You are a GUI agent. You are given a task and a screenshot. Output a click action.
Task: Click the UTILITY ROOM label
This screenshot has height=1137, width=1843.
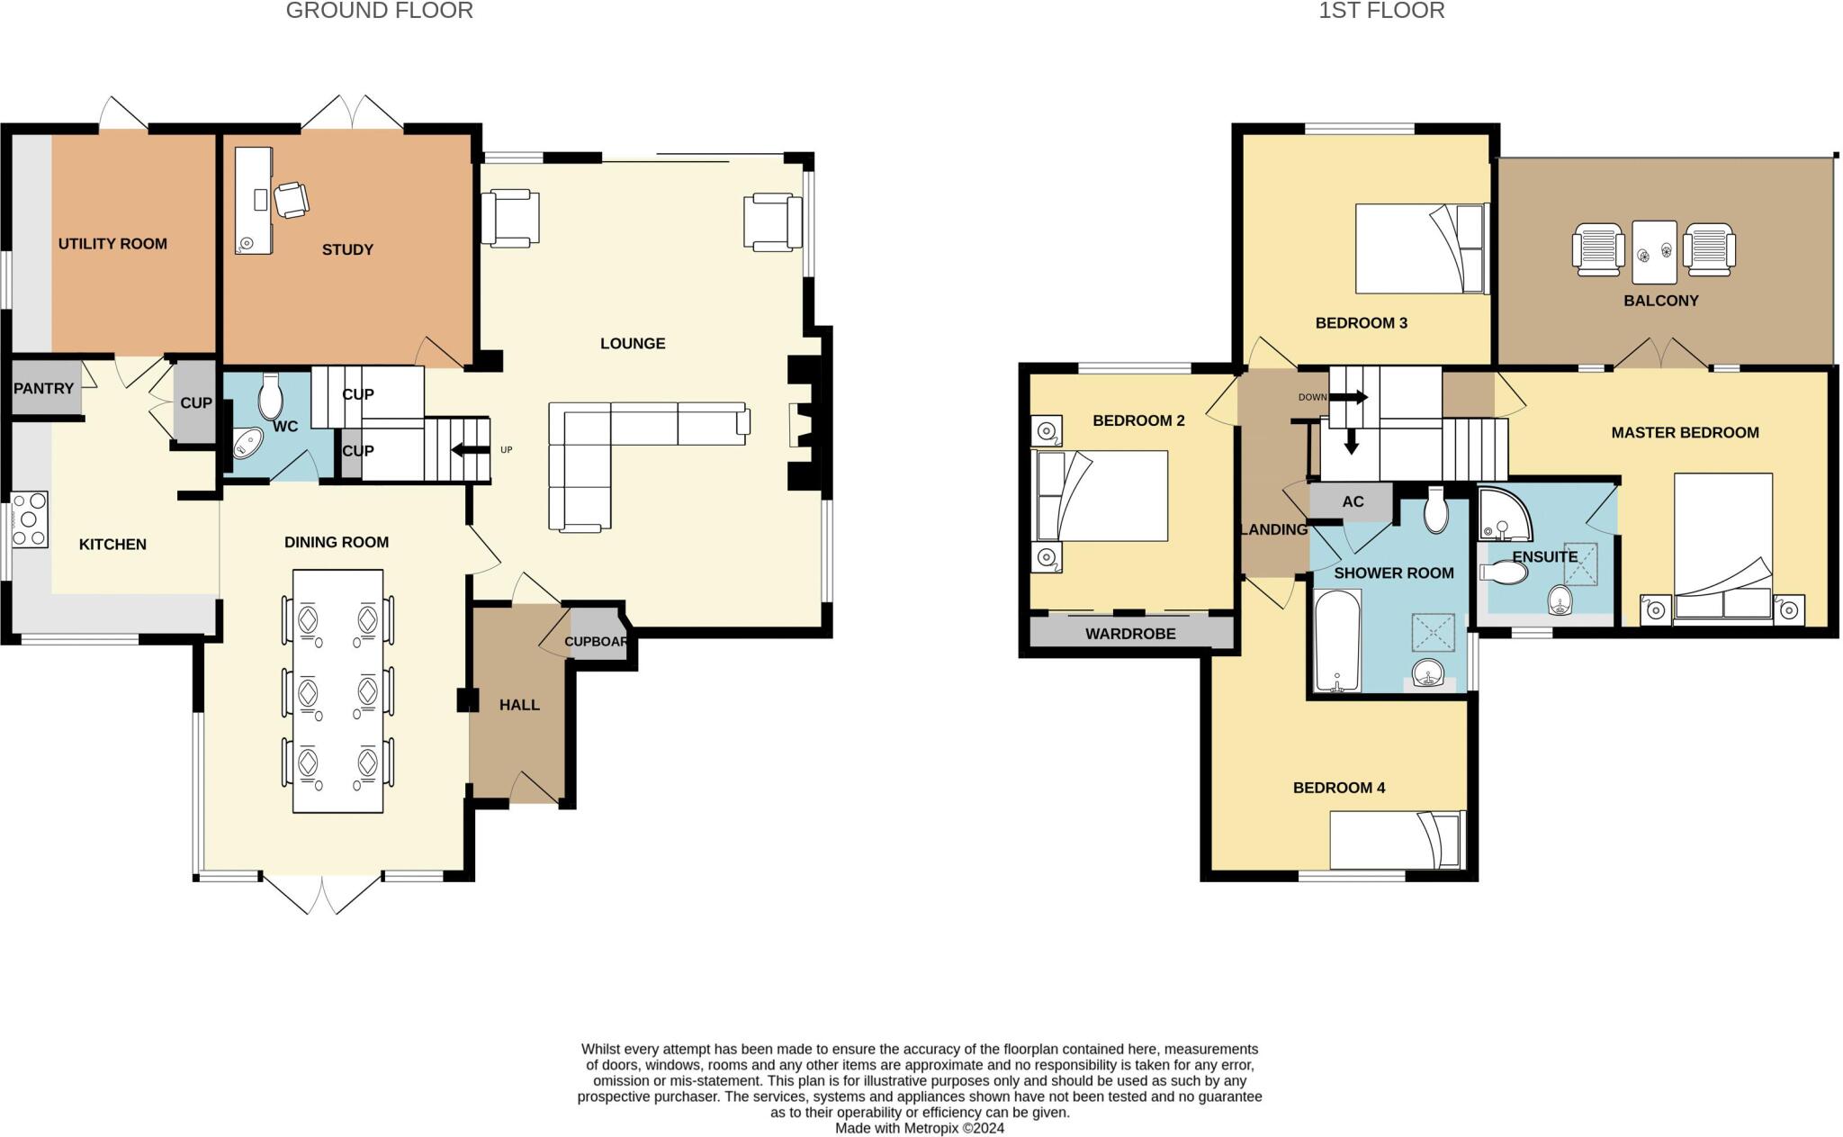tap(112, 244)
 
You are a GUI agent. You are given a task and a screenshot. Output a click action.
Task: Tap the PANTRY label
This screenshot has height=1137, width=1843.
tap(43, 388)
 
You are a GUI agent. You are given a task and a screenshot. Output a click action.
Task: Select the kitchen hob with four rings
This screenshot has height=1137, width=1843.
tap(30, 519)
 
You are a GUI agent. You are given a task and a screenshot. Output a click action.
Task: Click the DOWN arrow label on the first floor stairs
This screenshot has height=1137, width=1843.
tap(1312, 397)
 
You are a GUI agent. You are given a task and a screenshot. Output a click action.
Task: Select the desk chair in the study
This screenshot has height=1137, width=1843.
tap(292, 199)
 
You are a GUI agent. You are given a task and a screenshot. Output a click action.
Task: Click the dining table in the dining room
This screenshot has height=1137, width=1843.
tap(337, 690)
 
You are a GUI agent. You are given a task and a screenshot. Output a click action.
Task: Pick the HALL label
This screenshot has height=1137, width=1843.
tap(519, 705)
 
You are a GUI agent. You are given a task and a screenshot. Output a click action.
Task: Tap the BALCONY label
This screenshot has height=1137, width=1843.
tap(1660, 301)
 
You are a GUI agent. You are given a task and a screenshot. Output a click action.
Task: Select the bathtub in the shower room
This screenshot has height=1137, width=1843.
tap(1337, 641)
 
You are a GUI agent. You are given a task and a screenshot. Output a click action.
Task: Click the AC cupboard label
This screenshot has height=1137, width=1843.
tap(1353, 502)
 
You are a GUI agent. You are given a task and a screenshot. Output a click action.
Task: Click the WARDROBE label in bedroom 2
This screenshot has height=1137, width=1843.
tap(1130, 634)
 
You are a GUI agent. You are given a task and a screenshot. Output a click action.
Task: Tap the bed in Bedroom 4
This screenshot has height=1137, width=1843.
tap(1397, 839)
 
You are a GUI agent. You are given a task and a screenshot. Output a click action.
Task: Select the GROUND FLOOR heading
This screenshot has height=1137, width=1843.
tap(379, 11)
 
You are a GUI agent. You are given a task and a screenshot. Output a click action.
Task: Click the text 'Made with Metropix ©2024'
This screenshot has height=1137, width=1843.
tap(919, 1128)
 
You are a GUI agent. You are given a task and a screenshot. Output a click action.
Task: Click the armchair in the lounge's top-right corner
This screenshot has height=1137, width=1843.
tap(772, 221)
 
